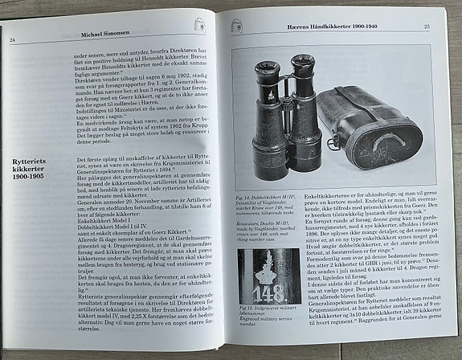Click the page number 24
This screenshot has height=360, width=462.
(x=13, y=40)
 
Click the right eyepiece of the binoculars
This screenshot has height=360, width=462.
(x=303, y=62)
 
